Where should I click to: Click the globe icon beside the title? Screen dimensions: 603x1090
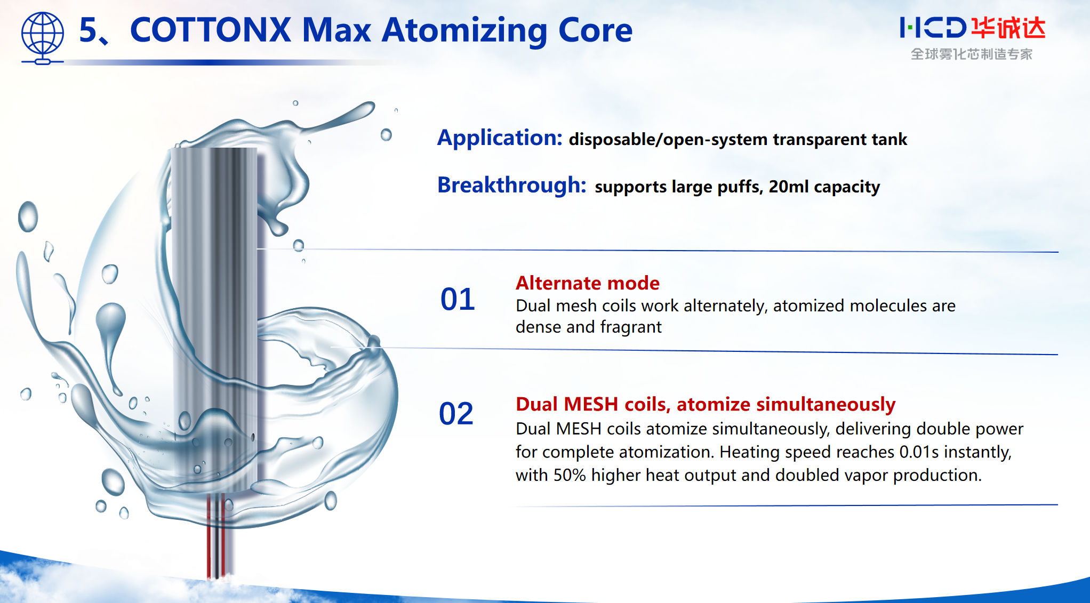(x=42, y=36)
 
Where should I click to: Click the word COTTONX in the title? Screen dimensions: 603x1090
(x=210, y=30)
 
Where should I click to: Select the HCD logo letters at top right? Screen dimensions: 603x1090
(x=932, y=28)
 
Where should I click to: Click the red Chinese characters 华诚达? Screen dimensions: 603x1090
(x=1008, y=28)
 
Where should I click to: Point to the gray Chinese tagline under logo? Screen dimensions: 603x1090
(x=971, y=54)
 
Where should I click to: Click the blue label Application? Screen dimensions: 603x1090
(x=500, y=138)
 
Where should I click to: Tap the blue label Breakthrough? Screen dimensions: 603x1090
(x=511, y=186)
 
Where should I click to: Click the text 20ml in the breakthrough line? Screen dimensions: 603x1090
(x=788, y=187)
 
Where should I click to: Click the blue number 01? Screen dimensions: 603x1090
(x=457, y=299)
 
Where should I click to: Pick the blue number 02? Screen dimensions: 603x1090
(x=456, y=414)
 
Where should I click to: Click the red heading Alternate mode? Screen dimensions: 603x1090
(x=587, y=283)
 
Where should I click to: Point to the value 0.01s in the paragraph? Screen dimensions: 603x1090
(x=918, y=452)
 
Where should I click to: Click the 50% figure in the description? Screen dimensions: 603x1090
(x=570, y=475)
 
